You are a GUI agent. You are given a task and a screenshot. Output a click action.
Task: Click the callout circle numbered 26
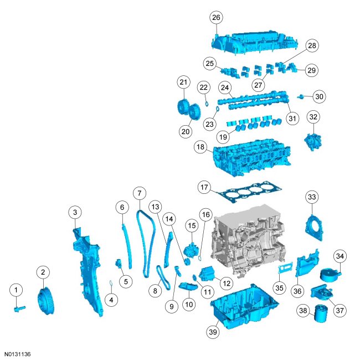[x=216, y=18]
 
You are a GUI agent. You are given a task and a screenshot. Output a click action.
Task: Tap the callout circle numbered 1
[x=17, y=289]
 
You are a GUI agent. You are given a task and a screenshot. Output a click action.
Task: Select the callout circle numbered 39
[x=213, y=332]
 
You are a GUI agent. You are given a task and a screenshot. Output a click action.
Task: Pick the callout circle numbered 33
[x=312, y=197]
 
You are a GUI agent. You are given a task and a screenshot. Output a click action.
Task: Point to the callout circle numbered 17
[x=204, y=188]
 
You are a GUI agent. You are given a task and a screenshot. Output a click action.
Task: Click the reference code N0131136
[x=18, y=353]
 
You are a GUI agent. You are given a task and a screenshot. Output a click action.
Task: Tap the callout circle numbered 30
[x=319, y=96]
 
